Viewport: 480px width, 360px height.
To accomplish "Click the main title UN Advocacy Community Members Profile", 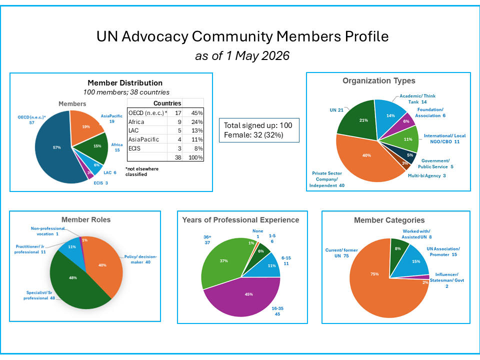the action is (242, 36).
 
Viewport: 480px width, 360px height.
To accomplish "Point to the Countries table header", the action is (167, 103).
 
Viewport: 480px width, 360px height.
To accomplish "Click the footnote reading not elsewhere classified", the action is (142, 171).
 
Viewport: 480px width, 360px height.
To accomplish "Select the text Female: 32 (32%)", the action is (253, 135).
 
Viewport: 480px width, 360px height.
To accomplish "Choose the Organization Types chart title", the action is (379, 81).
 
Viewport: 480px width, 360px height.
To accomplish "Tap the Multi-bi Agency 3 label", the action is (426, 175).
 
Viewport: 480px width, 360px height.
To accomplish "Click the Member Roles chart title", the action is (86, 220).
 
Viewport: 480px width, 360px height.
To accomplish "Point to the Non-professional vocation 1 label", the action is (48, 231).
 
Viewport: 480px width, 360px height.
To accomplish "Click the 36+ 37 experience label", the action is (207, 239).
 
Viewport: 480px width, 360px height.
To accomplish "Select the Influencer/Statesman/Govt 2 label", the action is (447, 280).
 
